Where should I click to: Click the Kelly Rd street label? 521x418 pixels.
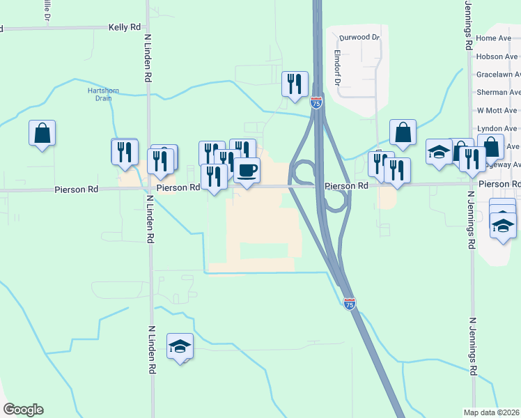coord(125,27)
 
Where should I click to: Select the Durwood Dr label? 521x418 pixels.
coord(359,37)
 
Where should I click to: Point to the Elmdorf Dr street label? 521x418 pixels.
coord(337,68)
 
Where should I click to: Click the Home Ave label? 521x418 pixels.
coord(495,38)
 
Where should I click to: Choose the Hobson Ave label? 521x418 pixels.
coord(497,56)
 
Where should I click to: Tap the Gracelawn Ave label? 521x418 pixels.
coord(498,75)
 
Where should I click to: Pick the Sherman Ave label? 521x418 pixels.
coord(498,92)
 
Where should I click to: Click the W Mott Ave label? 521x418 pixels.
coord(497,110)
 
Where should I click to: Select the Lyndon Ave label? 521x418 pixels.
coord(497,128)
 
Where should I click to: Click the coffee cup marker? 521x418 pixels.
coord(245,169)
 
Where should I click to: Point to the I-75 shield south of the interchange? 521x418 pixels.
coord(350,304)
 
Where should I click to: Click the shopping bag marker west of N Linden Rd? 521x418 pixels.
coord(42,132)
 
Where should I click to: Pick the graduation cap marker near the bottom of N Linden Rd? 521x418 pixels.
coord(180,346)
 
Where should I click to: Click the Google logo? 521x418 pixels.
coord(23,410)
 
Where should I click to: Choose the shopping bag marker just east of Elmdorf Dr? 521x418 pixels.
coord(403,131)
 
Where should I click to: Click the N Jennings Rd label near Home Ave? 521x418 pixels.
coord(467,25)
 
